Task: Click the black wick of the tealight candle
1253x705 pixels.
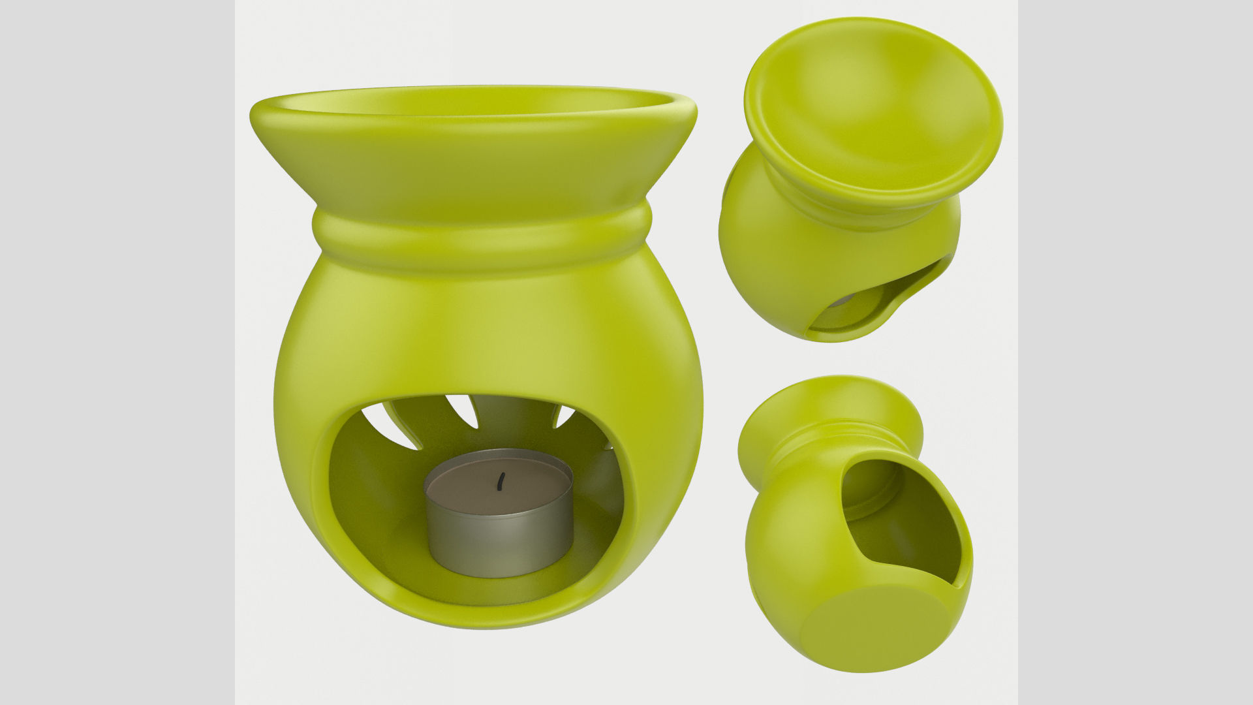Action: (x=501, y=481)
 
